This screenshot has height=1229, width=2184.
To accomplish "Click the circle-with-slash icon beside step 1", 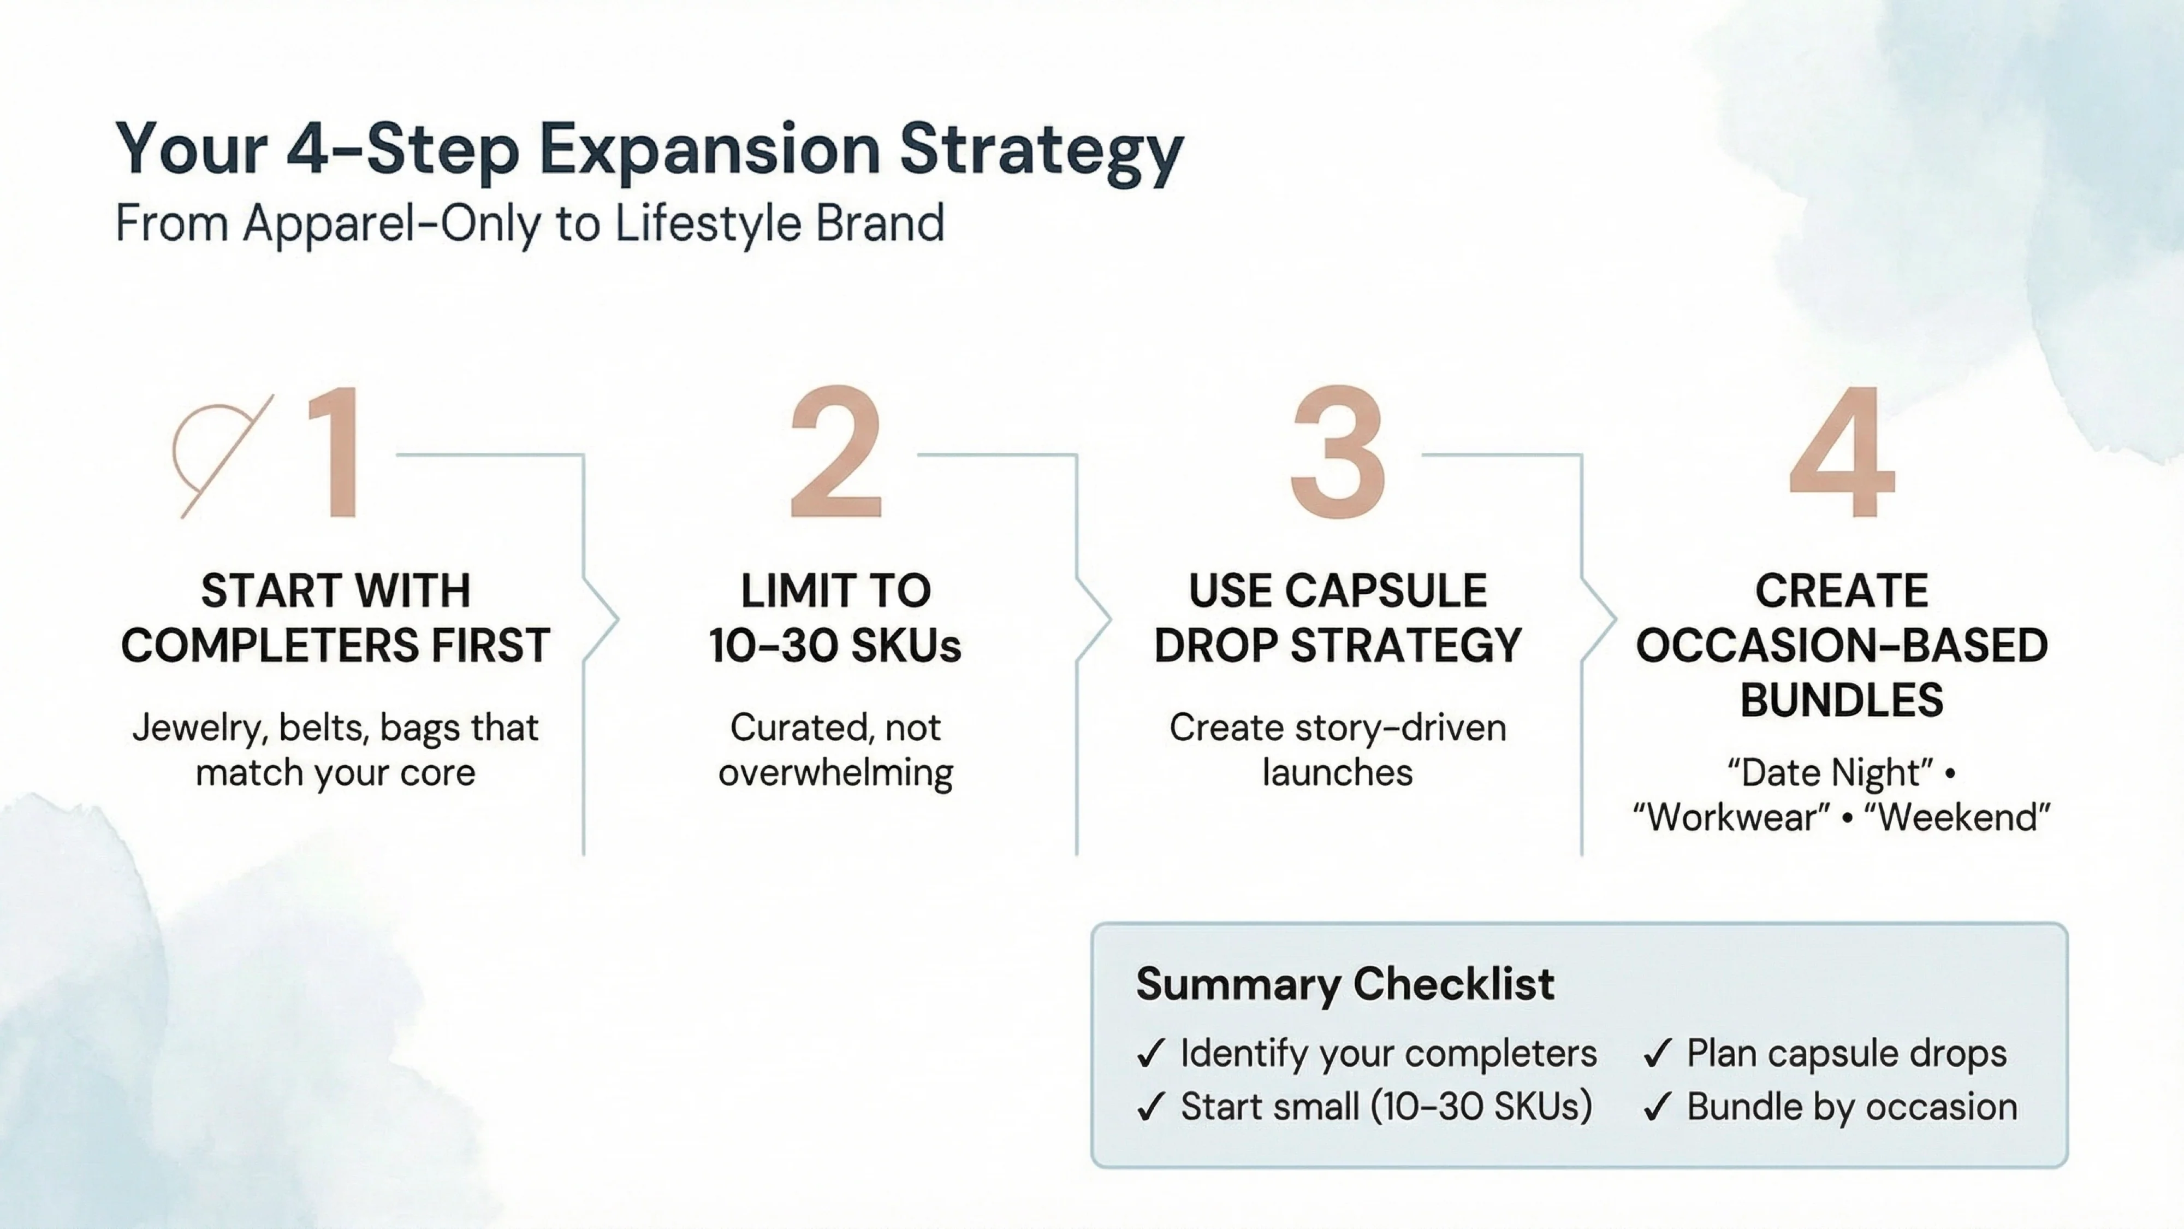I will pyautogui.click(x=219, y=456).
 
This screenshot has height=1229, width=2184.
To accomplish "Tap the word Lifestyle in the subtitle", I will pyautogui.click(x=707, y=224).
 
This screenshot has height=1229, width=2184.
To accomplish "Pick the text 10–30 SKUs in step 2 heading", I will pyautogui.click(x=835, y=646).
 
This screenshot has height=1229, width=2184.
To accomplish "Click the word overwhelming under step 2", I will pyautogui.click(x=835, y=773).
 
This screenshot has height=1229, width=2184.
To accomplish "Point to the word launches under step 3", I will pyautogui.click(x=1337, y=773).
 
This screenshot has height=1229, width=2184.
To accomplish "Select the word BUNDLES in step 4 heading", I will pyautogui.click(x=1842, y=701).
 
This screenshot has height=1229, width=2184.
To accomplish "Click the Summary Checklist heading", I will pyautogui.click(x=1345, y=984).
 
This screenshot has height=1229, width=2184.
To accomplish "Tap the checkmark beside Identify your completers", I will pyautogui.click(x=1150, y=1054).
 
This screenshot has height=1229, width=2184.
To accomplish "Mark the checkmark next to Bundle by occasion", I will pyautogui.click(x=1657, y=1108).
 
